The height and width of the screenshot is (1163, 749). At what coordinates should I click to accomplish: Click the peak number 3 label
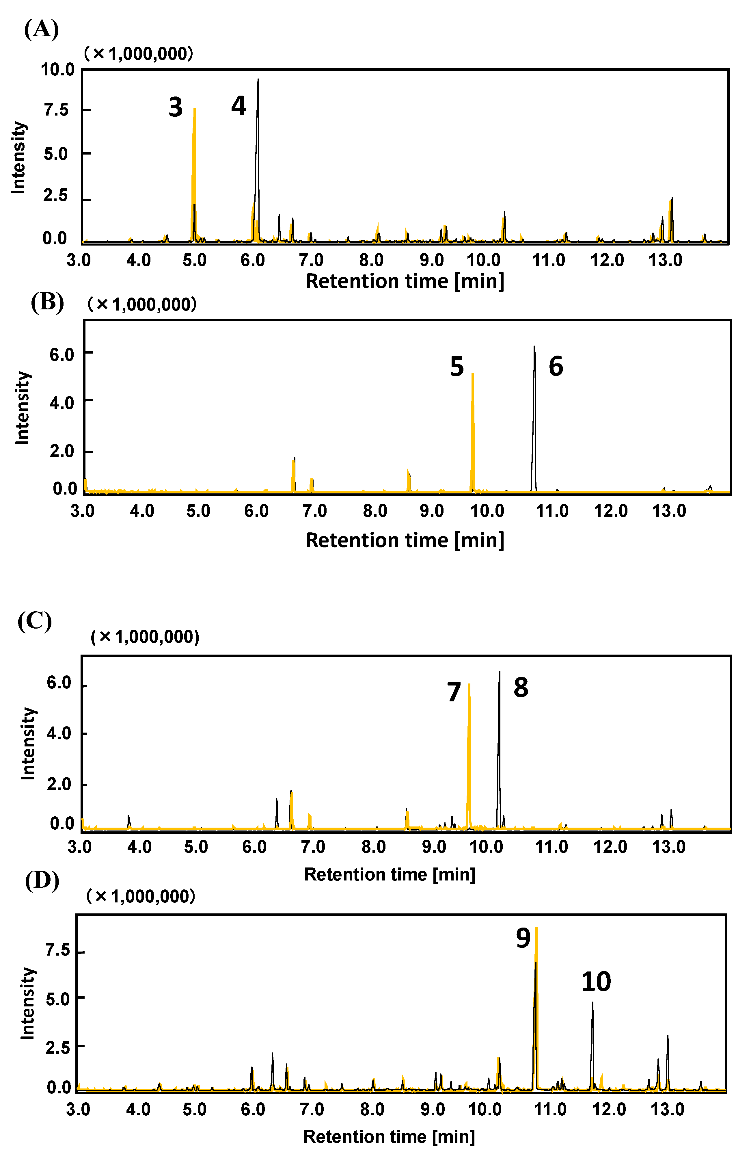176,107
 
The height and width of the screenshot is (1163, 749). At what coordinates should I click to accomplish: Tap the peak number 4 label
238,106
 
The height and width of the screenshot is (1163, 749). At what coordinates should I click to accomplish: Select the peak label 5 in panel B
457,367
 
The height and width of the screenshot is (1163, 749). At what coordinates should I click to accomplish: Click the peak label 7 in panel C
454,692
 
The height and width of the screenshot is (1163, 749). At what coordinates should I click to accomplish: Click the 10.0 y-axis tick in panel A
57,70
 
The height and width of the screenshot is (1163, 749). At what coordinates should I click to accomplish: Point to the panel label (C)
35,621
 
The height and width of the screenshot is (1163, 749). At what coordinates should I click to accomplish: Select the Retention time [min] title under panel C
390,874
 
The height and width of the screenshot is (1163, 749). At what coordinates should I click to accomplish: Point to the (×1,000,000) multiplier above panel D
141,896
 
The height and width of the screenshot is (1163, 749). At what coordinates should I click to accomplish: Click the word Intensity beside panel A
18,157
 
